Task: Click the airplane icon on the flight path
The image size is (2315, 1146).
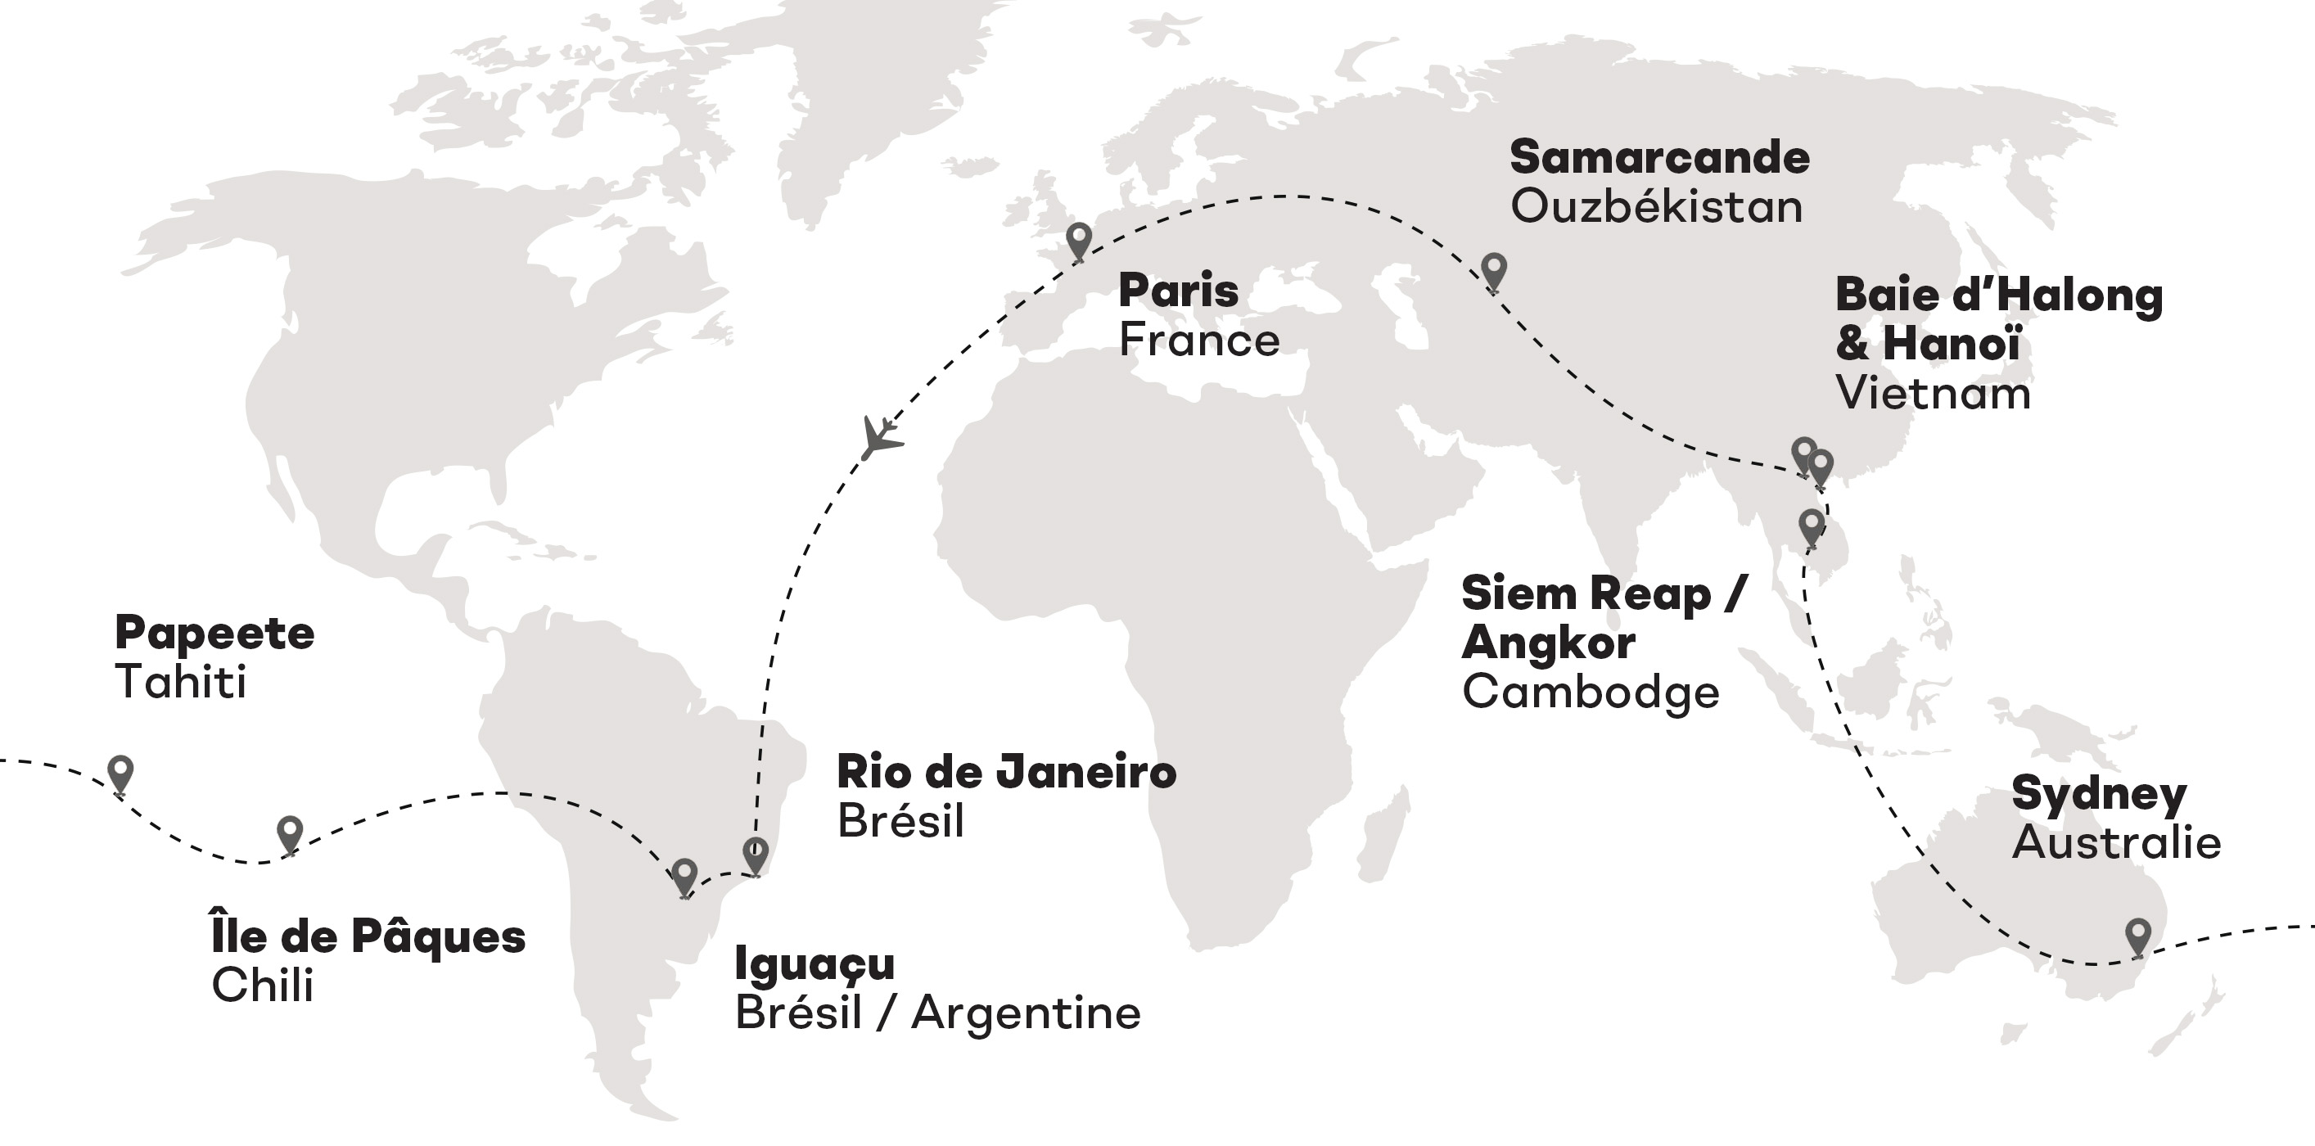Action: pyautogui.click(x=880, y=438)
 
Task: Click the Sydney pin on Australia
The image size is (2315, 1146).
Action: pyautogui.click(x=2138, y=936)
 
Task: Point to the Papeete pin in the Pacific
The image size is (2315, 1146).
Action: pyautogui.click(x=120, y=774)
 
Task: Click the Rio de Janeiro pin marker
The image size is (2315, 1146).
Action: pyautogui.click(x=756, y=855)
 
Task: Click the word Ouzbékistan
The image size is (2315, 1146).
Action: pyautogui.click(x=1655, y=207)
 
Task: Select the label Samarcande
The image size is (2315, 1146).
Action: pyautogui.click(x=1659, y=157)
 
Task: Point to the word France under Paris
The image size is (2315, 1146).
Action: pyautogui.click(x=1198, y=340)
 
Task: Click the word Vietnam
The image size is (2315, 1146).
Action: pyautogui.click(x=1932, y=393)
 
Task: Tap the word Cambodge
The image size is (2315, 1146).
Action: pyautogui.click(x=1590, y=692)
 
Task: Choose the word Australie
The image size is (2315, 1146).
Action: pyautogui.click(x=2115, y=842)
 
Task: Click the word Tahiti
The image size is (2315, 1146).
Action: pyautogui.click(x=180, y=681)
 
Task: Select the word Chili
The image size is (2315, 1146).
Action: pyautogui.click(x=261, y=985)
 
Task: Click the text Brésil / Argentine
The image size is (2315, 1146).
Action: pyautogui.click(x=937, y=1013)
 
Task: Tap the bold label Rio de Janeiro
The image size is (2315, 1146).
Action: pyautogui.click(x=1005, y=771)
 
